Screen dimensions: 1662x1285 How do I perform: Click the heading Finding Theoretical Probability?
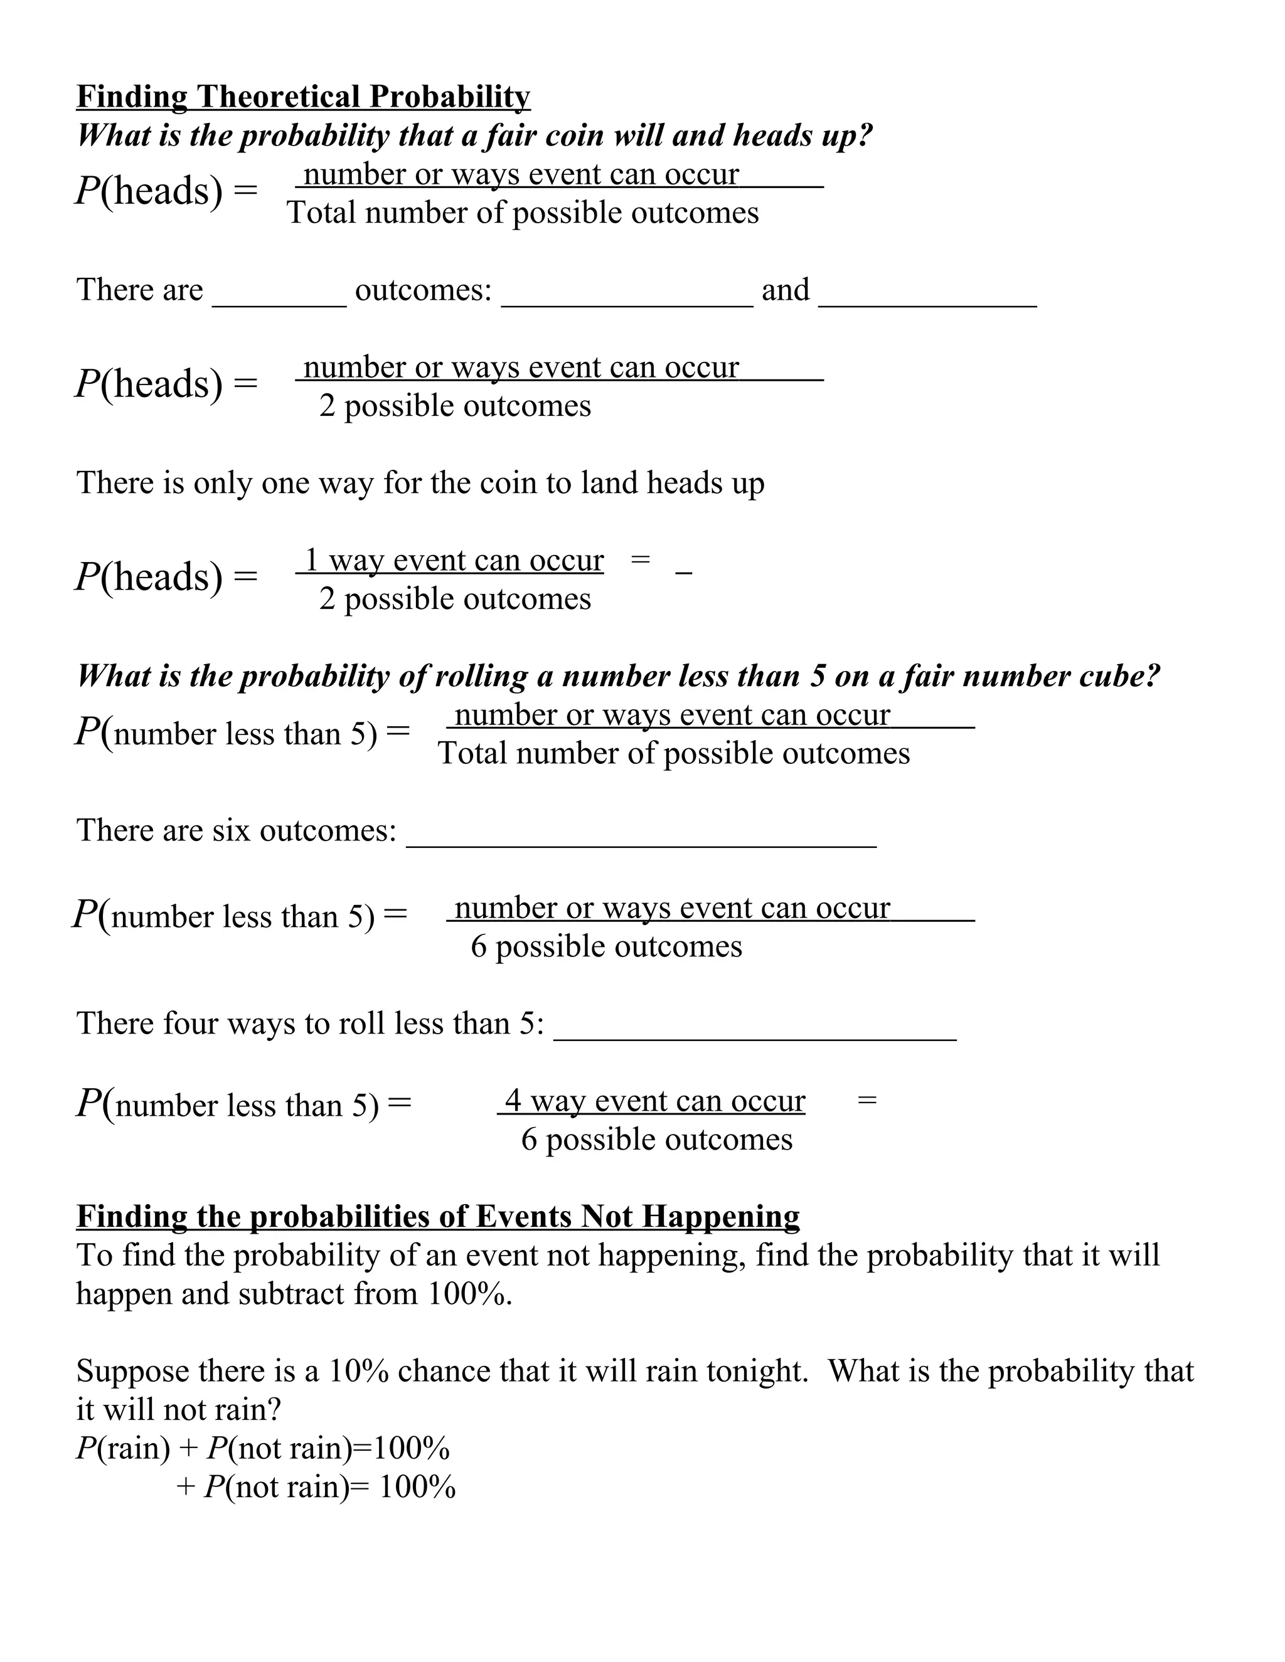(303, 97)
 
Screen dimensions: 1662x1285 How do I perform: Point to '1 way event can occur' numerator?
(454, 560)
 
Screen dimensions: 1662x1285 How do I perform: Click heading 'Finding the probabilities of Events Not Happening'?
(438, 1216)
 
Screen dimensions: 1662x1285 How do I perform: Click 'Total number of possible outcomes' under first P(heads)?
(523, 213)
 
